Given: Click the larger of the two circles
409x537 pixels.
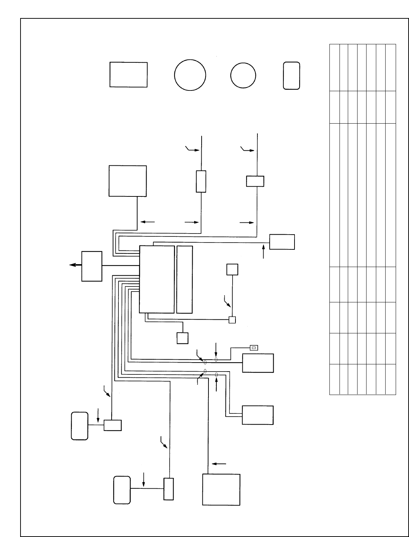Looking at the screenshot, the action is tap(190, 75).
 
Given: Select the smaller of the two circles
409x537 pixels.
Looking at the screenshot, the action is tap(243, 75).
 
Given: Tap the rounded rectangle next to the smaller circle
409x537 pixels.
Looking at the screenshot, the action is tap(292, 75).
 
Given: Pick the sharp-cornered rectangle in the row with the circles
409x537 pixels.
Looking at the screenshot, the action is tap(128, 75).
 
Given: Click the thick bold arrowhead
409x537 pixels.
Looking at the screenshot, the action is tap(72, 265).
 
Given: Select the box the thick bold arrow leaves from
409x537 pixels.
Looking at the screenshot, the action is tap(92, 266).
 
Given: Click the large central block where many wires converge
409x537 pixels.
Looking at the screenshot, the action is tap(157, 279).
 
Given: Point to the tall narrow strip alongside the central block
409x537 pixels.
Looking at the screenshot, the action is tap(185, 279).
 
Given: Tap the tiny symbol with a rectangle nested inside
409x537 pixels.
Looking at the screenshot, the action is tap(254, 348).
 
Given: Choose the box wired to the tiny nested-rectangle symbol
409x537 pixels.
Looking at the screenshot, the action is tap(258, 363).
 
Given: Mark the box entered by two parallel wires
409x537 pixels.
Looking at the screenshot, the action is tap(258, 415).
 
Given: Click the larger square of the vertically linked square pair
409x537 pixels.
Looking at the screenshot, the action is tap(232, 269).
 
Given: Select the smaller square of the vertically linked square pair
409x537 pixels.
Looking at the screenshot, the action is tap(232, 320).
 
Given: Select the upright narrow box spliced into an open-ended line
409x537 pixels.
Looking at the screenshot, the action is tap(201, 182).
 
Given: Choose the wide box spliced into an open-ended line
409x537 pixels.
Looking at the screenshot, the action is tap(255, 181).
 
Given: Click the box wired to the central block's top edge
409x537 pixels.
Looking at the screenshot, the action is tap(282, 241).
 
